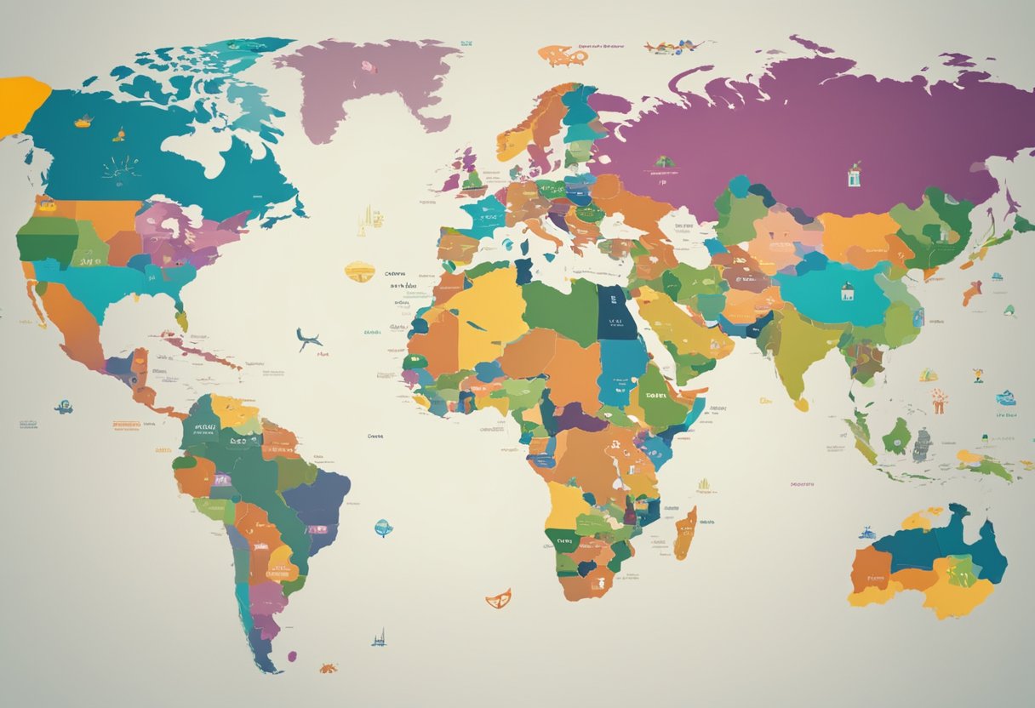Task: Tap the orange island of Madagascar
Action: click(685, 533)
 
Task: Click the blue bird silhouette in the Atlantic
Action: click(309, 340)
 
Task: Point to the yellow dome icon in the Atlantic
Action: click(359, 271)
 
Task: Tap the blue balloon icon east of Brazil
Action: click(383, 528)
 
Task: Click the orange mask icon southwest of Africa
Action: click(498, 598)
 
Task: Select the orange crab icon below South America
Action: click(328, 668)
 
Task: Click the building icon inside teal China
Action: click(847, 293)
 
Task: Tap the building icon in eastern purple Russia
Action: click(854, 175)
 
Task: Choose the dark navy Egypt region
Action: click(610, 311)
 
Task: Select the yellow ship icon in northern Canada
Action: click(83, 122)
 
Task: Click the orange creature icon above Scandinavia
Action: click(562, 56)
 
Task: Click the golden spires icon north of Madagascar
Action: click(703, 487)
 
